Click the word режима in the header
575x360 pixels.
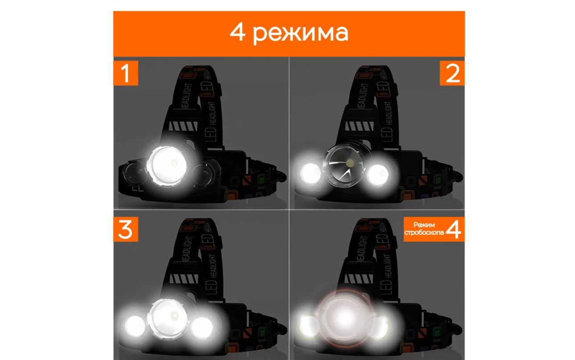tap(301, 33)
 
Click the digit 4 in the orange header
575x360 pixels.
tap(237, 32)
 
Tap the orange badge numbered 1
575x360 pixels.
tap(126, 73)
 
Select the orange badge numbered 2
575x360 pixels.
tap(452, 73)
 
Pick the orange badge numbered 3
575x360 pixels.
tap(126, 229)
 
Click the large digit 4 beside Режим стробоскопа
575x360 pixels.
tap(454, 229)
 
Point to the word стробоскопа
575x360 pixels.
tap(424, 233)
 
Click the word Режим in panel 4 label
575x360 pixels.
tap(424, 225)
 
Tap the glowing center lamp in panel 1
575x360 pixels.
tap(167, 166)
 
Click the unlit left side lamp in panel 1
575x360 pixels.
tap(135, 172)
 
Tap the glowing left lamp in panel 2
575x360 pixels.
tap(311, 173)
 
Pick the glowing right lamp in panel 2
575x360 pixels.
tap(378, 175)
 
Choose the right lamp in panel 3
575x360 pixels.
tap(202, 327)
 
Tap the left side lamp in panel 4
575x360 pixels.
tap(309, 326)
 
